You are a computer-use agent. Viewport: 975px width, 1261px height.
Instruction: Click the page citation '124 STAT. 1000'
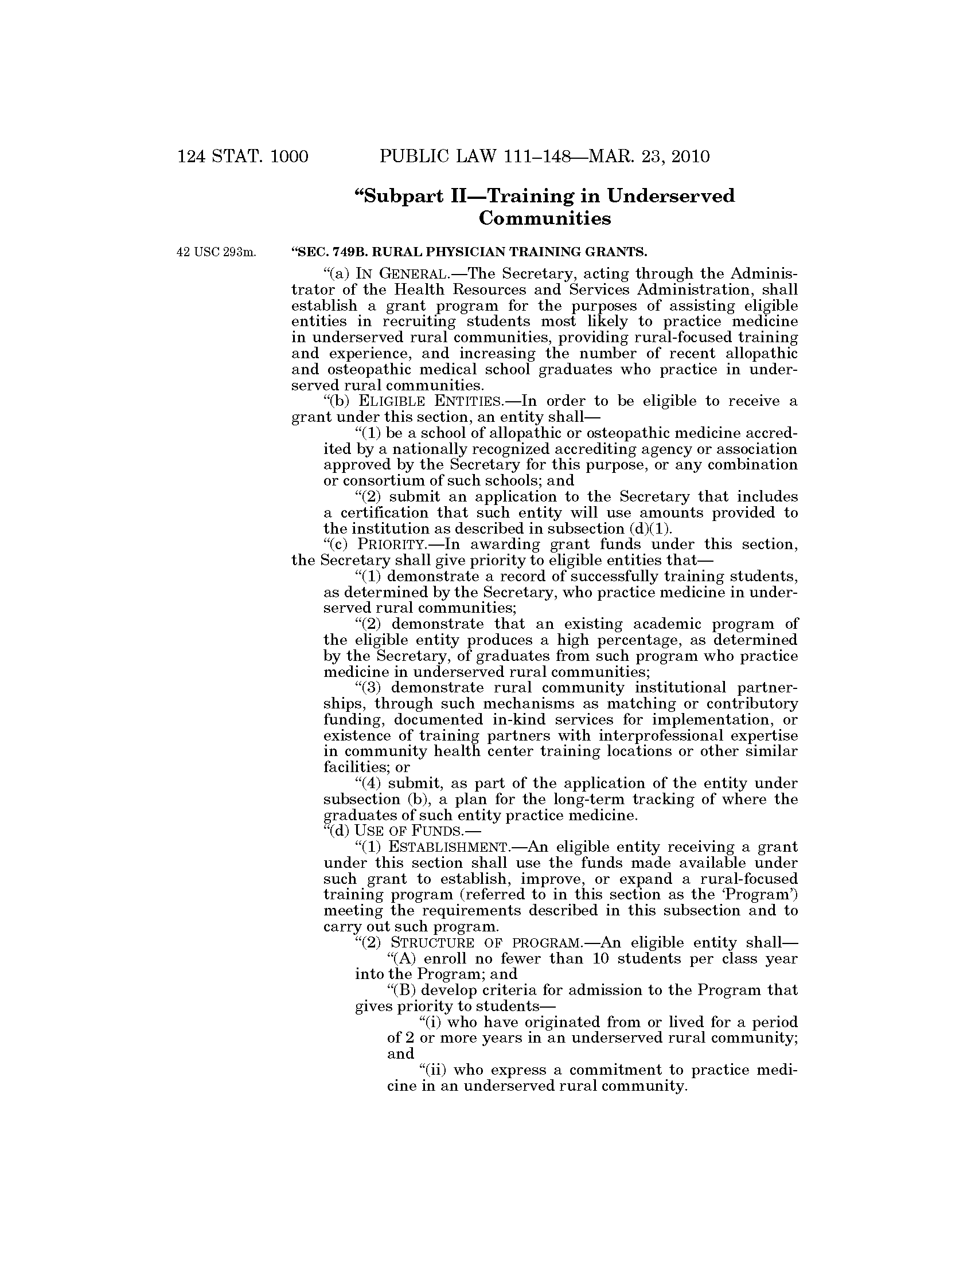click(243, 156)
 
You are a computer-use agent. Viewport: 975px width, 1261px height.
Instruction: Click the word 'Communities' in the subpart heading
click(545, 219)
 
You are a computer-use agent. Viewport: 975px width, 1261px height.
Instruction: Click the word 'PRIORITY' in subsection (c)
click(383, 545)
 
